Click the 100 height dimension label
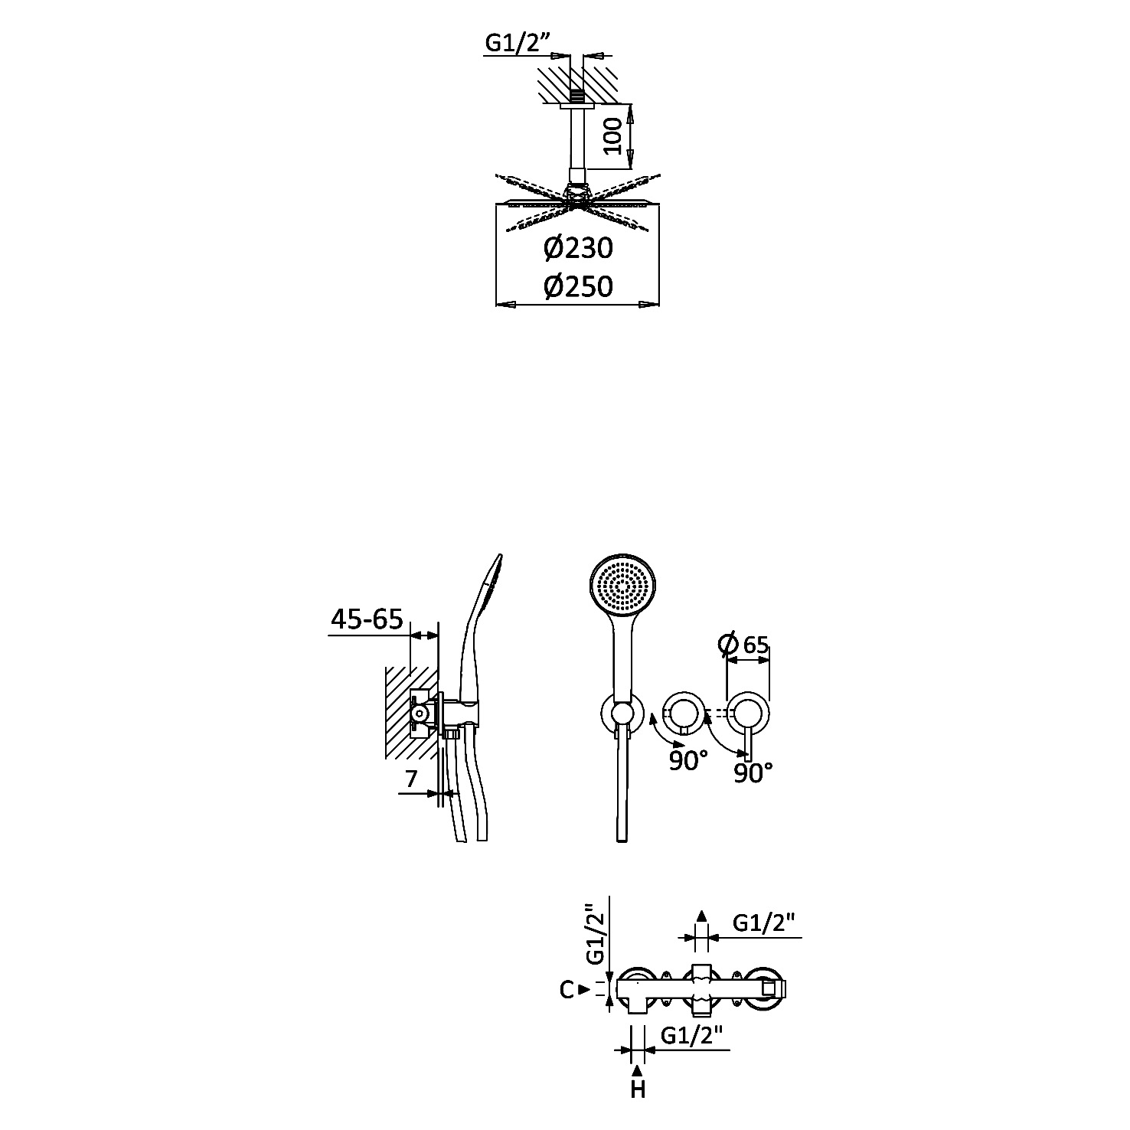[613, 136]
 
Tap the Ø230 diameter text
[579, 249]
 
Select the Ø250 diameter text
[579, 286]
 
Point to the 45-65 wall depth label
[367, 619]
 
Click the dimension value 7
[411, 779]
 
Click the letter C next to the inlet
[567, 990]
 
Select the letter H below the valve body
[638, 1089]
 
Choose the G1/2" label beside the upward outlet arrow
[765, 923]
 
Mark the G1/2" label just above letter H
[692, 1036]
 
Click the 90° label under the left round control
[687, 760]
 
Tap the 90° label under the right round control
[753, 773]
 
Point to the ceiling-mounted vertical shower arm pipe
[578, 145]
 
